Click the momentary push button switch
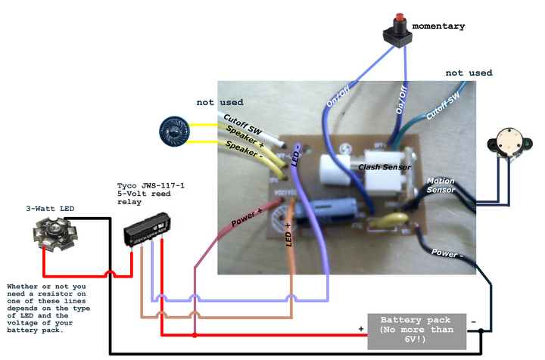(397, 29)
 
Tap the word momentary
(439, 26)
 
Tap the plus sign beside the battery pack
(360, 329)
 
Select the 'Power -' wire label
(447, 253)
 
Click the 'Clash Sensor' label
(385, 167)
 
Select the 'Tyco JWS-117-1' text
(151, 185)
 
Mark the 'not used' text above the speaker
(220, 102)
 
